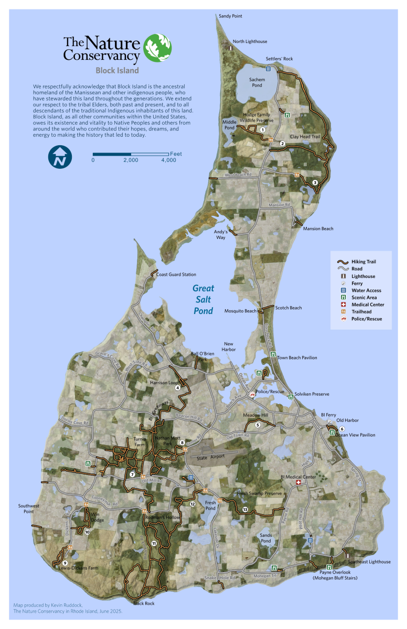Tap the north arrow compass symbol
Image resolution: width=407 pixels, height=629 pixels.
[60, 157]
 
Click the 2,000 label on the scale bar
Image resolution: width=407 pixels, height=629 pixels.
[131, 160]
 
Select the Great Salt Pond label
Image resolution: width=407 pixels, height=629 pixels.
[202, 299]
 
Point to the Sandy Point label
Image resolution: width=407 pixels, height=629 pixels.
[230, 16]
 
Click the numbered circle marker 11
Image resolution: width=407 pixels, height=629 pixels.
[154, 544]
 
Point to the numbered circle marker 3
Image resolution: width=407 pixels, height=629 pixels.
[314, 182]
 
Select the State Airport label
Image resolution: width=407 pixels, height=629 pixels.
[210, 457]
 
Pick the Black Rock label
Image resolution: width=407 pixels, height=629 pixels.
[144, 603]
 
